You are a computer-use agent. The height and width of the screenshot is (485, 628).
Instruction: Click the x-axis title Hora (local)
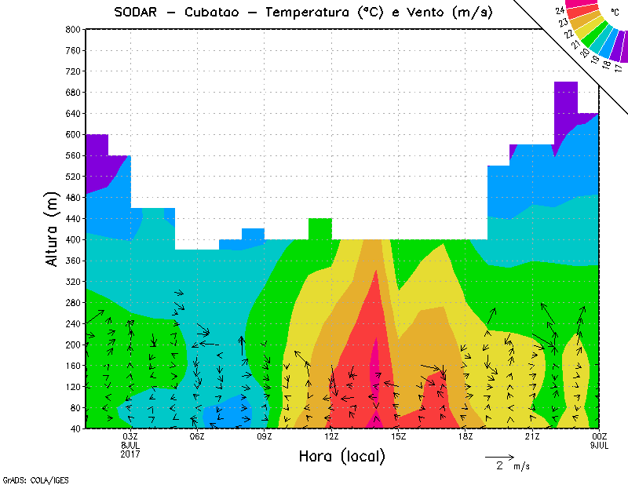(341, 457)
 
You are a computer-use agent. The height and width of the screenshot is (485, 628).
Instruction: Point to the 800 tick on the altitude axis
(73, 29)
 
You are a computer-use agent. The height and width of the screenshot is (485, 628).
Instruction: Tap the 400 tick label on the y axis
(73, 239)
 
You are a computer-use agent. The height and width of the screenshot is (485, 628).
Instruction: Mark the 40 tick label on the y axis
(75, 428)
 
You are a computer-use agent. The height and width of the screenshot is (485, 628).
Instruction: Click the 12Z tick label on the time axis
(332, 436)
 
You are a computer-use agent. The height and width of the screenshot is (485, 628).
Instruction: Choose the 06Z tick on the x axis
(198, 436)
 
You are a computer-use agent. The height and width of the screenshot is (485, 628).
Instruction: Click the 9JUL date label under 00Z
(600, 445)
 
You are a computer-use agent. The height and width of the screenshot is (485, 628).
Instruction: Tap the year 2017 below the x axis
(130, 454)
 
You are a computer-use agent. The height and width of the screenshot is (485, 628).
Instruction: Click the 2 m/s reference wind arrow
(498, 456)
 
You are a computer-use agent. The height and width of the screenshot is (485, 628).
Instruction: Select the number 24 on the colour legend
(560, 9)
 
